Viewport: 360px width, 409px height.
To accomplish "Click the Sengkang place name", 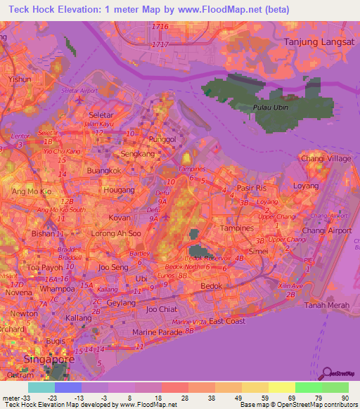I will coord(118,153).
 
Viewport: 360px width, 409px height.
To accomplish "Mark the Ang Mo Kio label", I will coord(32,191).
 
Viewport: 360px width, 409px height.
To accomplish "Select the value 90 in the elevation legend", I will coord(345,397).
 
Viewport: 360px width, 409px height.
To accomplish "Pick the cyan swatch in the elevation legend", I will coord(41,387).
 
